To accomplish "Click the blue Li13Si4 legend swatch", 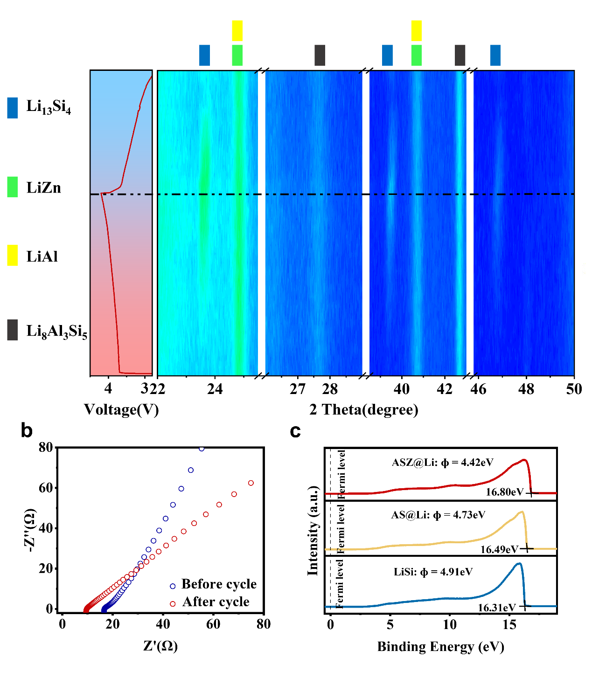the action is (13, 108).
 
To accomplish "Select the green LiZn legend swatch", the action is (13, 187).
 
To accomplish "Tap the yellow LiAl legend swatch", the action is (13, 255).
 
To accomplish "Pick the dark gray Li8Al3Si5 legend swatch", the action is (13, 330).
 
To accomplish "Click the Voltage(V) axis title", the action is (121, 410).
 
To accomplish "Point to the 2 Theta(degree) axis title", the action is (364, 410).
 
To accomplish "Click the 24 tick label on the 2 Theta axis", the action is (215, 389).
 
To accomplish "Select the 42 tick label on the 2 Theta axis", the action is (445, 389).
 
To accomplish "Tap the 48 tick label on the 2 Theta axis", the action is (526, 389).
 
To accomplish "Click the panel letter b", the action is (27, 431).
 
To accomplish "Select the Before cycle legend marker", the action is (173, 586).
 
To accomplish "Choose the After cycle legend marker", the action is (173, 604).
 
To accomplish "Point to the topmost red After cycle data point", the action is (251, 483).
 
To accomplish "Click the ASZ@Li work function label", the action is (443, 462).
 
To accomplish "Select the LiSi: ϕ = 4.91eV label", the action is (433, 572).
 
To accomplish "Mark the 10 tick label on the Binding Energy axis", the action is (450, 625).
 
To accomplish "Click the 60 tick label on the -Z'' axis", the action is (46, 488).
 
